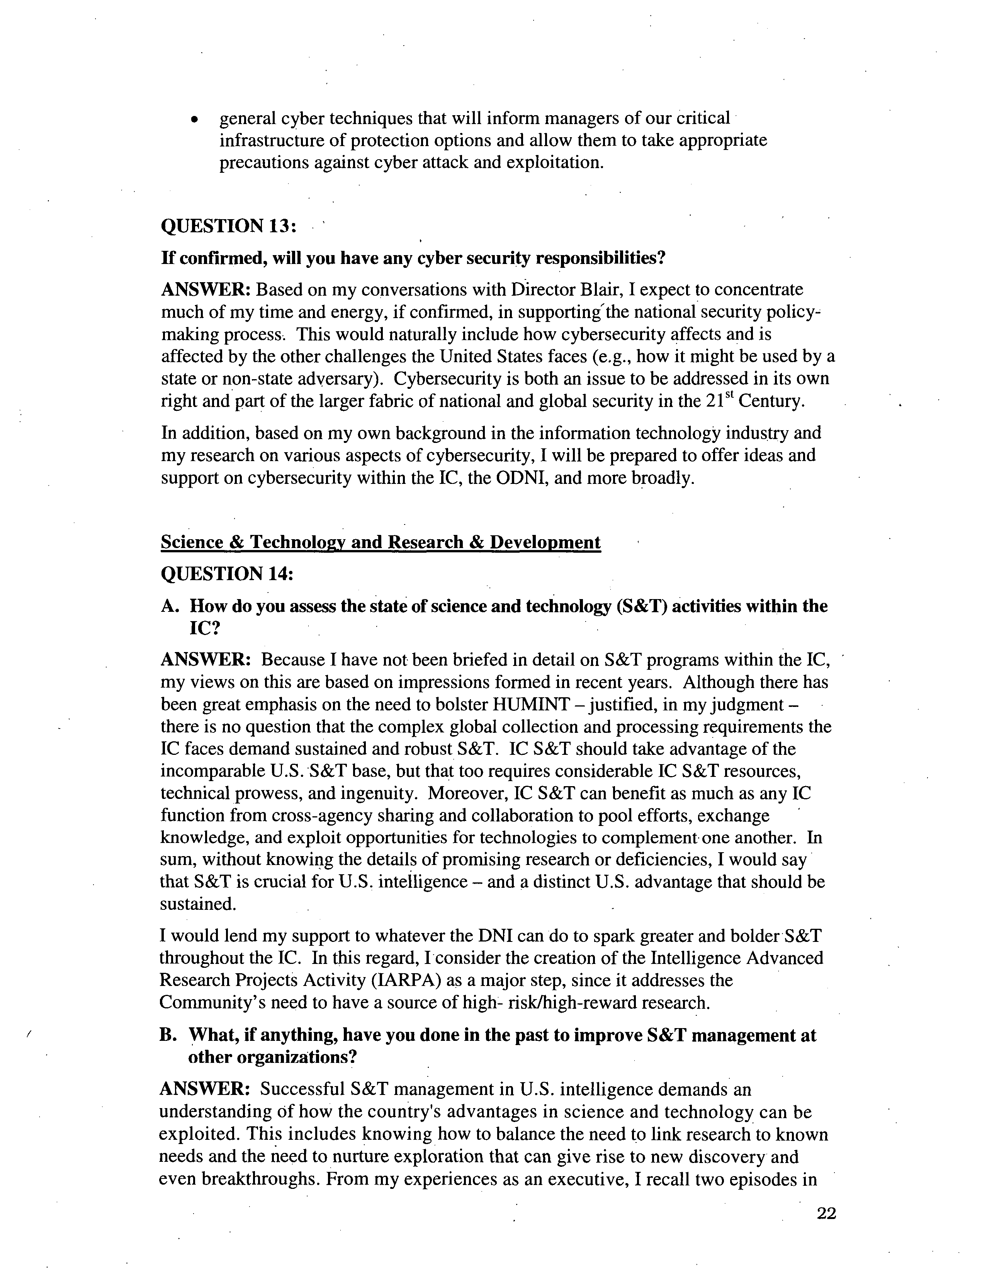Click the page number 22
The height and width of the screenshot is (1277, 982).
[827, 1214]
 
